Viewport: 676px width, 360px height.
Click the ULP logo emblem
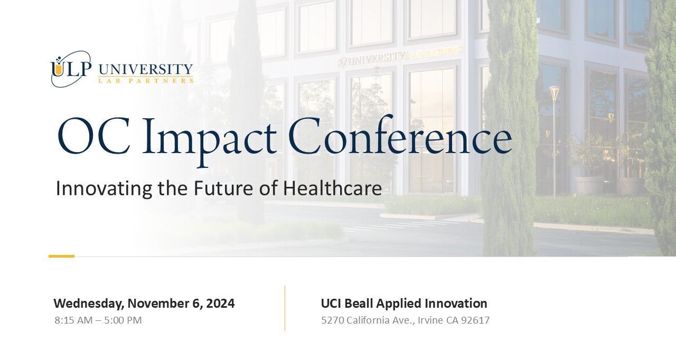pos(71,69)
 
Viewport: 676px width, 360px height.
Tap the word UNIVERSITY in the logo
pos(146,69)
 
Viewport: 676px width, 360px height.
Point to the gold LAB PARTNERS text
pos(146,81)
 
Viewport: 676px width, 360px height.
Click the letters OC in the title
pos(94,136)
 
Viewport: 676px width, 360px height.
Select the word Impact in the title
pos(210,141)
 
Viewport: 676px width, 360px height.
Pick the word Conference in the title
pos(400,135)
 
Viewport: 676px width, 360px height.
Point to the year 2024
pos(220,304)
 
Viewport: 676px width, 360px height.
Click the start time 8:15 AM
pos(73,320)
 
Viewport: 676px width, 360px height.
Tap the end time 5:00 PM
pos(123,320)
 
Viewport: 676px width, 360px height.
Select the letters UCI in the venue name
pos(331,304)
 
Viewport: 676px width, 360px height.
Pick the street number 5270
pos(332,320)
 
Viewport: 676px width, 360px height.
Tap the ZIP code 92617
pos(476,320)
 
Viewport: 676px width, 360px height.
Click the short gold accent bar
pos(62,257)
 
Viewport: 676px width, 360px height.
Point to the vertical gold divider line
pos(285,308)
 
